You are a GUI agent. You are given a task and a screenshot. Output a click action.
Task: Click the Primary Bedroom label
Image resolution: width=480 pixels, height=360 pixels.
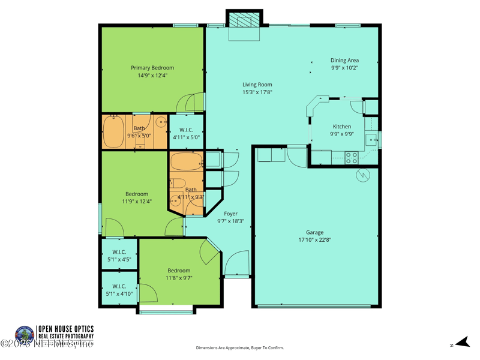[152, 68]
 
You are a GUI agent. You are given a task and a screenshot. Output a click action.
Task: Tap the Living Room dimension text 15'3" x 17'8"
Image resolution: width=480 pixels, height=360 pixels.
[257, 92]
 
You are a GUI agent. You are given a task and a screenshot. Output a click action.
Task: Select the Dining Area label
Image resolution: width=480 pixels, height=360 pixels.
[344, 60]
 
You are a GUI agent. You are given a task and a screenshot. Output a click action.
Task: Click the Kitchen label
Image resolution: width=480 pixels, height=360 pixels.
[342, 127]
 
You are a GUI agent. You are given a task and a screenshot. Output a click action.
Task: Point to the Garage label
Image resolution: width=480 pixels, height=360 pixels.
[314, 232]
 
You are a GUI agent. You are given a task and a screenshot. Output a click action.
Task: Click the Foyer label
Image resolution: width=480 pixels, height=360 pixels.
[230, 214]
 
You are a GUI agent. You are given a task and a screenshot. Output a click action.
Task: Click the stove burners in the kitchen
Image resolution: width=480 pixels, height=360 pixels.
[352, 157]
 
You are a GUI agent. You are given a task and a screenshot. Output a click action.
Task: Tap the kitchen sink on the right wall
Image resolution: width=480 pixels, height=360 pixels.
[373, 140]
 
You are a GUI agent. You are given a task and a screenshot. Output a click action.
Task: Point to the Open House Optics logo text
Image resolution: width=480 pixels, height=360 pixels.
[65, 332]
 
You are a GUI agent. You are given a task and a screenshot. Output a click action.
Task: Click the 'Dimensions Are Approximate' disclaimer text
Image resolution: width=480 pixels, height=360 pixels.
[239, 348]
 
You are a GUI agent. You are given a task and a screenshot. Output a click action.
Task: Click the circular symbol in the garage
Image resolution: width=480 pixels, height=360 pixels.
[363, 175]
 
